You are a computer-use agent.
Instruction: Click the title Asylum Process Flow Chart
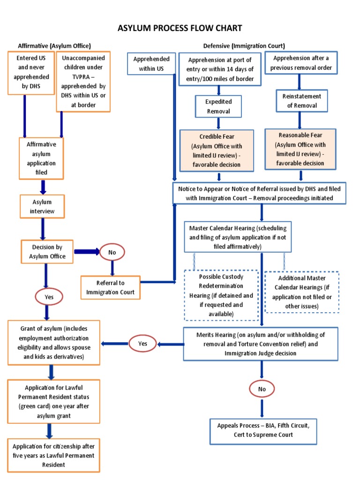[x=180, y=28]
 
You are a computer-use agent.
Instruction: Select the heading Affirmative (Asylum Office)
[x=54, y=45]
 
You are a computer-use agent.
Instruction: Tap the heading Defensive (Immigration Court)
[x=244, y=45]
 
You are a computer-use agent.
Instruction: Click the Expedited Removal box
[x=218, y=106]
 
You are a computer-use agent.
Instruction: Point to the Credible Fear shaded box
[x=217, y=150]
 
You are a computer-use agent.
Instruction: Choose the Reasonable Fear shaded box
[x=300, y=149]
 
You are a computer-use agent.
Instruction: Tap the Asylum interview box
[x=43, y=207]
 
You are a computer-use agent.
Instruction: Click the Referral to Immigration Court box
[x=111, y=287]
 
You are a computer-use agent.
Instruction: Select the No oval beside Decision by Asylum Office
[x=112, y=252]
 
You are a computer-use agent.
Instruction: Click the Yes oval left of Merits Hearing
[x=143, y=344]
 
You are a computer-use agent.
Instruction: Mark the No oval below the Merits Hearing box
[x=262, y=389]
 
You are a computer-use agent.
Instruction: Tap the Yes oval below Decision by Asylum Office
[x=49, y=297]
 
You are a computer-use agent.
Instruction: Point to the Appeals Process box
[x=261, y=430]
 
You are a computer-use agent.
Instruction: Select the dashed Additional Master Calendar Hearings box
[x=302, y=292]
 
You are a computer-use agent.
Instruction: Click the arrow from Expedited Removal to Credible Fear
[x=218, y=123]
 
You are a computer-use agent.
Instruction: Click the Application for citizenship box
[x=53, y=455]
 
